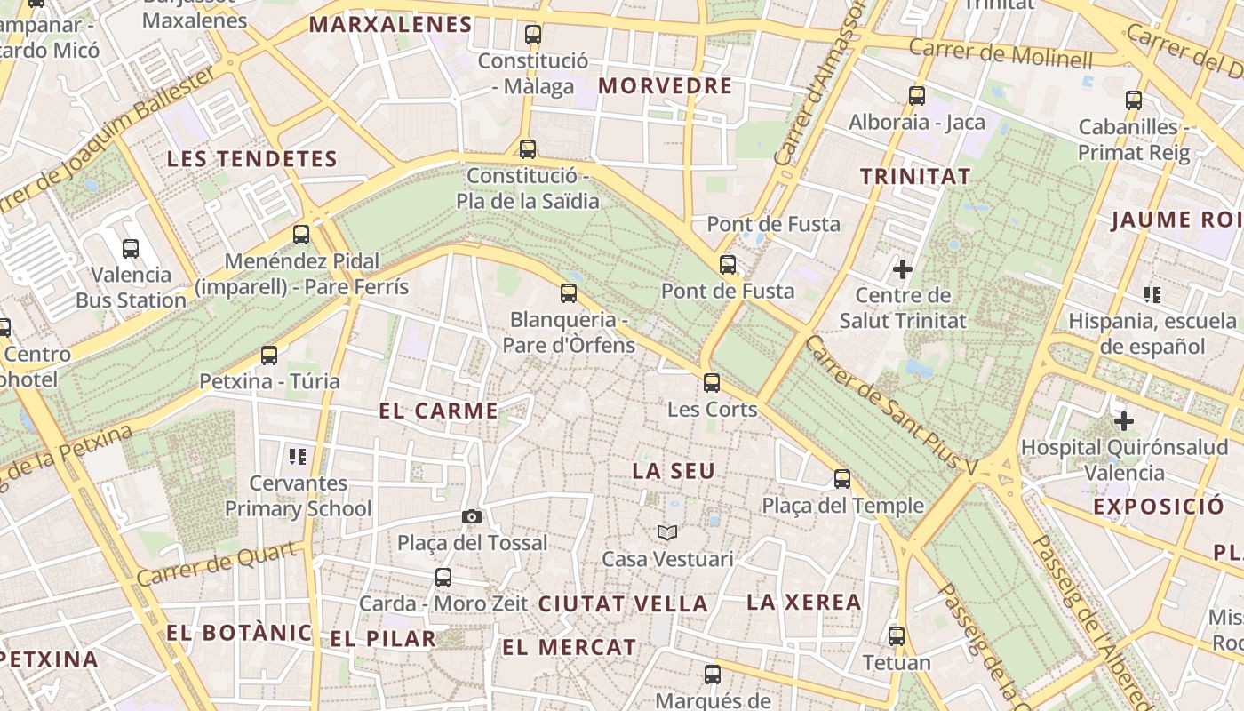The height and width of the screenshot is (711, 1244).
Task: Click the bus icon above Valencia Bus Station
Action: tap(131, 249)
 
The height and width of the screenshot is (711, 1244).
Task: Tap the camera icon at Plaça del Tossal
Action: tap(472, 516)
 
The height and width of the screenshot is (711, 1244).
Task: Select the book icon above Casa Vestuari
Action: tap(667, 532)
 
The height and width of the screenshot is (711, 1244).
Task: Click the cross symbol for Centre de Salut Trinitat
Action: tap(903, 268)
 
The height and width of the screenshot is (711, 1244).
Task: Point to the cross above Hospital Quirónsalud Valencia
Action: tap(1124, 420)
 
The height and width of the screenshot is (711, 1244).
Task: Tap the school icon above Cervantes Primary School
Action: tap(298, 457)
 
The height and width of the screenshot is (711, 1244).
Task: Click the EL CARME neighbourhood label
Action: tap(439, 411)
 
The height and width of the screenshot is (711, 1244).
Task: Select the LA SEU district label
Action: tap(674, 471)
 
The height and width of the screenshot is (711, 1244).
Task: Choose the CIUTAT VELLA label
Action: tap(623, 604)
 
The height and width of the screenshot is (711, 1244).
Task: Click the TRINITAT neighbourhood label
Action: tap(915, 176)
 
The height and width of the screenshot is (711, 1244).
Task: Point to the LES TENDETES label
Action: tap(252, 159)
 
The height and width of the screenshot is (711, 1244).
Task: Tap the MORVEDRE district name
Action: tap(666, 86)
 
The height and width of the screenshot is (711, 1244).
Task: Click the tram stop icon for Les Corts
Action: tap(712, 383)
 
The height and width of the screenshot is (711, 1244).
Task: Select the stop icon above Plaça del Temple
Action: tap(842, 479)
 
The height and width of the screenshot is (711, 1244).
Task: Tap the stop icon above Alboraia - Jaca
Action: tap(917, 96)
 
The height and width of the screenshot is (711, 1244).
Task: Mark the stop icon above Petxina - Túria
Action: tap(269, 355)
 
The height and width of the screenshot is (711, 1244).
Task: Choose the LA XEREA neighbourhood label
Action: tap(804, 602)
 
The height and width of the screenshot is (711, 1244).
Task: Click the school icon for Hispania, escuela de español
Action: tap(1152, 294)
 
